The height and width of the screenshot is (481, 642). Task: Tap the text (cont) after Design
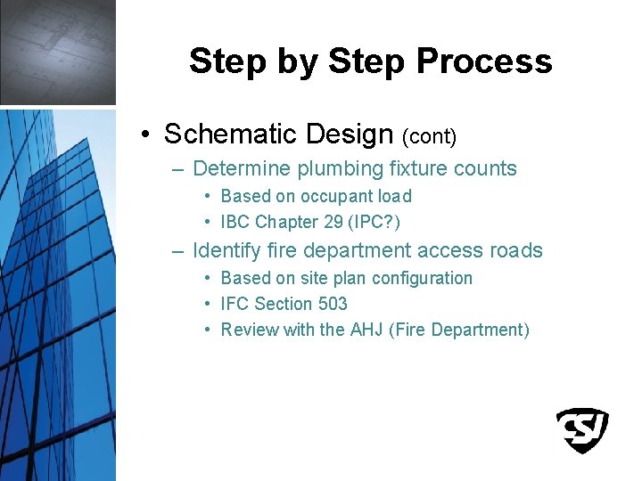[429, 136]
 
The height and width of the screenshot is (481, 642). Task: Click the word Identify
[226, 251]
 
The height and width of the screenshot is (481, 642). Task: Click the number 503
[332, 304]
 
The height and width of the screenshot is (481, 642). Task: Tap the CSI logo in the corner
[582, 430]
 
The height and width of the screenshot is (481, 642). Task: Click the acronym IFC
[235, 304]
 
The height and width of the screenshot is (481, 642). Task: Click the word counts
[487, 169]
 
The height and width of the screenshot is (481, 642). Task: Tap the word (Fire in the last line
[408, 330]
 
